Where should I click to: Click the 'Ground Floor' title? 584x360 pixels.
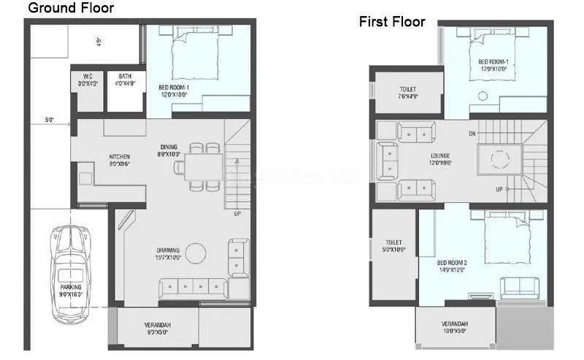click(70, 9)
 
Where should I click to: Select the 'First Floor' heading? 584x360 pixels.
click(391, 22)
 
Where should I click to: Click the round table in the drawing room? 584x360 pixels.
click(196, 253)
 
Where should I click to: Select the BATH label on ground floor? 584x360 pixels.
click(125, 78)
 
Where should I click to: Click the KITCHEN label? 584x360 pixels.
click(119, 160)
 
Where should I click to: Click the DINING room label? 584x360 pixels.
click(169, 150)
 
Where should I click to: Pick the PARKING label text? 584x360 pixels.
click(71, 290)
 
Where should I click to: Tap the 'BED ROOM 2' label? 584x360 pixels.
click(451, 265)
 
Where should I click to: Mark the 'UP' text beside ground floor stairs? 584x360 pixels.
click(237, 214)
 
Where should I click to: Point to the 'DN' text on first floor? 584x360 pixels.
click(472, 134)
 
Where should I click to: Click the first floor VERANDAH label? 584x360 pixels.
click(454, 327)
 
